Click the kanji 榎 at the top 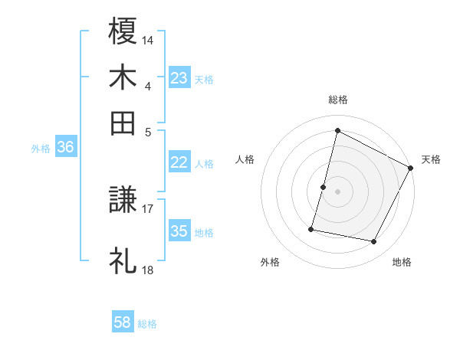click(123, 31)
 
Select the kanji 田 click(123, 123)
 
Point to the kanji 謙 click(123, 201)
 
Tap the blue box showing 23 click(179, 78)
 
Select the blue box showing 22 click(179, 162)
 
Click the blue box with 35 click(179, 232)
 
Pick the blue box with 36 click(65, 149)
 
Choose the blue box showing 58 click(123, 323)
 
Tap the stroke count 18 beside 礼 click(148, 270)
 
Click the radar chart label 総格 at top click(337, 100)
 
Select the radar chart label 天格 click(431, 159)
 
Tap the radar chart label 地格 click(402, 262)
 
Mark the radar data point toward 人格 click(324, 187)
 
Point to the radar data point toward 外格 click(311, 228)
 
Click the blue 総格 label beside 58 click(148, 324)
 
